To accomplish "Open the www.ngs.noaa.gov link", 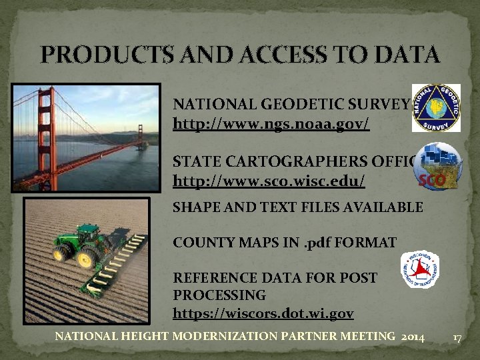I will point(271,124).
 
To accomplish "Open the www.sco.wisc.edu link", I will point(269,181).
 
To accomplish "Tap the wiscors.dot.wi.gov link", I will point(263,313).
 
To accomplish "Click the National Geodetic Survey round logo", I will point(436,107).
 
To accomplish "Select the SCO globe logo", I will point(437,167).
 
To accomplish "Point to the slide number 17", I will point(457,338).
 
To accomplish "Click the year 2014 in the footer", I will point(413,337).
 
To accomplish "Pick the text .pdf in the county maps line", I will point(319,243).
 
